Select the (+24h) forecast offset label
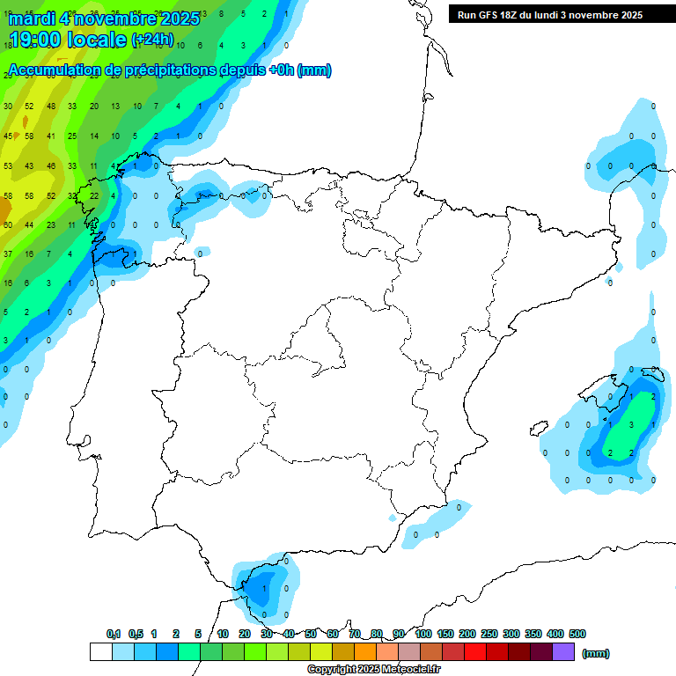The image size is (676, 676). click(x=152, y=40)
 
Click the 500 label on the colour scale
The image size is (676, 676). click(x=577, y=634)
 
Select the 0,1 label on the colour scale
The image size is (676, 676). click(x=114, y=634)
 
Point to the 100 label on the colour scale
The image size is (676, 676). click(x=422, y=634)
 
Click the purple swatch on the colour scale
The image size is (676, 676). click(x=563, y=651)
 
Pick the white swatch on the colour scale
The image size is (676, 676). click(x=100, y=651)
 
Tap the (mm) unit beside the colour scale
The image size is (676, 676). click(x=597, y=653)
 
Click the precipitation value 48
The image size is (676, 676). click(x=51, y=106)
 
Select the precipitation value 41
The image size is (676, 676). click(x=51, y=136)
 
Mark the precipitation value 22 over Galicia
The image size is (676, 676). click(x=94, y=195)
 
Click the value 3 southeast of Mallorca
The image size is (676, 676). click(x=632, y=424)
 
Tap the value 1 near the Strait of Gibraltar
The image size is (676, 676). click(x=265, y=588)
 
